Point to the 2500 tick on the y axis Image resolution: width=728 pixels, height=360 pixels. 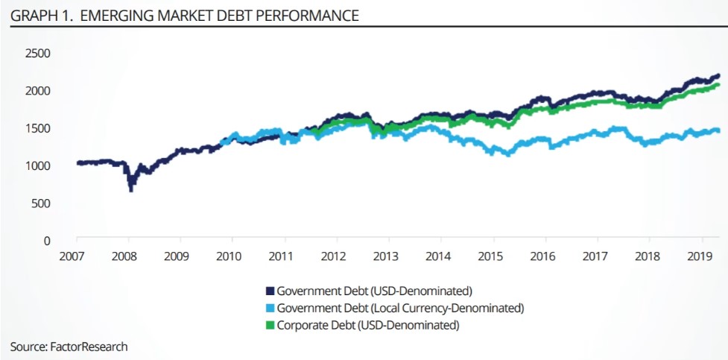click(37, 54)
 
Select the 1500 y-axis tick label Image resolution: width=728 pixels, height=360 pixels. click(37, 128)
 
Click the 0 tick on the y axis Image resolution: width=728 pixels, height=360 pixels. click(46, 241)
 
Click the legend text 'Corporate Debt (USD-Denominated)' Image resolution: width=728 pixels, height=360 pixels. click(367, 325)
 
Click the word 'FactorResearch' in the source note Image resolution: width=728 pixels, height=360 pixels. click(90, 347)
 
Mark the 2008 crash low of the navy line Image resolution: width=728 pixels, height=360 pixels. click(131, 191)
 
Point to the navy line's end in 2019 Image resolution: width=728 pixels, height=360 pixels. click(718, 75)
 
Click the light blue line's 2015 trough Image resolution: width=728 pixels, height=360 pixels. click(508, 155)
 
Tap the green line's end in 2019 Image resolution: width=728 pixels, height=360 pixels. click(718, 85)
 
